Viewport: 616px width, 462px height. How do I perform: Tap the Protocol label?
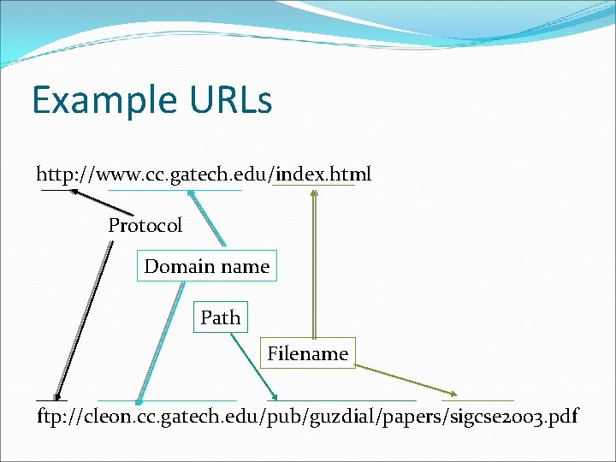145,226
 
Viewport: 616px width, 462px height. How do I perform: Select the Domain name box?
206,266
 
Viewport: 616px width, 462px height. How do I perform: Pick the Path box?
220,317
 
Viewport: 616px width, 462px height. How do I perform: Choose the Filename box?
307,353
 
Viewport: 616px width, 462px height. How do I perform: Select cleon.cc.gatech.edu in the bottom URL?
168,418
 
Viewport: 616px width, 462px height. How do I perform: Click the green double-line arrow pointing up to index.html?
314,265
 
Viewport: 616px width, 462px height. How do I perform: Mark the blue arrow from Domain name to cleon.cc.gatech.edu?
161,342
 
